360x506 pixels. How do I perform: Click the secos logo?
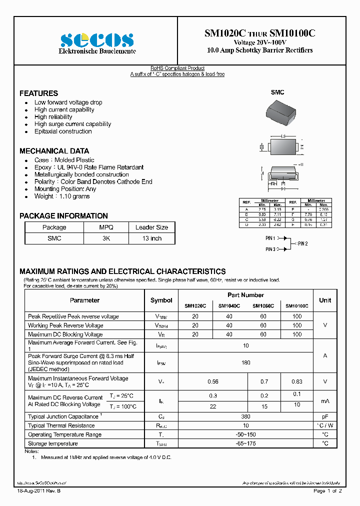point(96,40)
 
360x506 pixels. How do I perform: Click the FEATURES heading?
point(38,93)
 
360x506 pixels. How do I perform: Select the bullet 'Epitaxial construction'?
point(63,131)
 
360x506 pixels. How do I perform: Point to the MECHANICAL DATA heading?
point(54,151)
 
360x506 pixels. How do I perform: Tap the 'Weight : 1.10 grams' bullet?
point(62,196)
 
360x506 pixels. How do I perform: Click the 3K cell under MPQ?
point(106,238)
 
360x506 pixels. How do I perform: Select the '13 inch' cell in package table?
point(151,238)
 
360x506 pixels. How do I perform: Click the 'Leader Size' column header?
point(151,227)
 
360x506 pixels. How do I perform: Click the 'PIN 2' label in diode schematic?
point(301,243)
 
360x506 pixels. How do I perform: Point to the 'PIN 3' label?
point(270,249)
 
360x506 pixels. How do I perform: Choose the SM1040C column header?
point(229,305)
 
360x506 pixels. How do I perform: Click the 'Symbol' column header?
point(161,300)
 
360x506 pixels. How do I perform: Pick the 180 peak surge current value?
point(245,362)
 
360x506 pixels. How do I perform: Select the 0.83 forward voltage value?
point(296,381)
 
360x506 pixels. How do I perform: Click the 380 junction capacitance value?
point(245,416)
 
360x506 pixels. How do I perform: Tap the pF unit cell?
point(325,416)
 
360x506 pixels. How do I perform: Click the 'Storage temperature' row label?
point(53,443)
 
